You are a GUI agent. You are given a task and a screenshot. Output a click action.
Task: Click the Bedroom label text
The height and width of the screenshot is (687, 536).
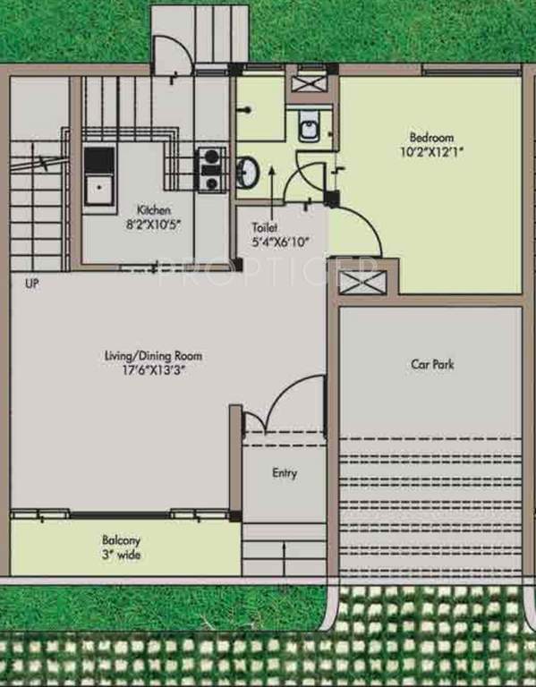pos(431,138)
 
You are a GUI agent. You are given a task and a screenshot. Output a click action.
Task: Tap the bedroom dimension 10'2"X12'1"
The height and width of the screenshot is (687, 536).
pos(431,152)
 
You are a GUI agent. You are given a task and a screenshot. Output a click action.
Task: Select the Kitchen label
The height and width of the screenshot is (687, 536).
pos(154,210)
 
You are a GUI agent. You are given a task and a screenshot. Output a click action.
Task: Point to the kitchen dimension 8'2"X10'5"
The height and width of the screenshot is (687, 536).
pos(154,225)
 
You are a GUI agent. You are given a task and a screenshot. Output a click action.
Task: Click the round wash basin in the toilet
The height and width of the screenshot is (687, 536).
pos(247,171)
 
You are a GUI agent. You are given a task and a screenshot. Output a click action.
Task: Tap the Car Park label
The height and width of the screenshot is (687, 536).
pos(431,364)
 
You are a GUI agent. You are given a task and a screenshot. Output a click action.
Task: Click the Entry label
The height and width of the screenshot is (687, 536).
pos(285,473)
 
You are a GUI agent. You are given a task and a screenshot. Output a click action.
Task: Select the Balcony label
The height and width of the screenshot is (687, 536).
pos(120,541)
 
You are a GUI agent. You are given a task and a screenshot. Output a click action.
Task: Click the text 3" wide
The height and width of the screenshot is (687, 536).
pos(120,556)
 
